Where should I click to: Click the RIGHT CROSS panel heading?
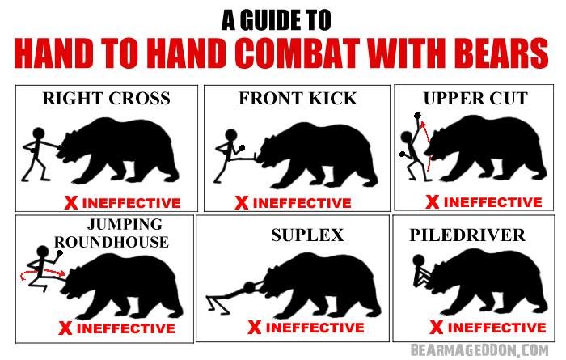pos(106,98)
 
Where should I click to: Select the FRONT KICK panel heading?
pos(298,98)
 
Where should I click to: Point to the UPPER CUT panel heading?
pos(475,98)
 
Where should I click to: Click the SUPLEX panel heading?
pos(307,235)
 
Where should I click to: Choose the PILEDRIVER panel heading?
pos(467,235)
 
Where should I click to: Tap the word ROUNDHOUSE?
pos(112,242)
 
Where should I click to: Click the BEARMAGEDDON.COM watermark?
pos(479,350)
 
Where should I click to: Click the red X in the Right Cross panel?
pos(71,202)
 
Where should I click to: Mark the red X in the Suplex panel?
pos(255,328)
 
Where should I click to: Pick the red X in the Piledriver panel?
pos(437,327)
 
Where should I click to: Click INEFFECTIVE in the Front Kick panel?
pos(302,202)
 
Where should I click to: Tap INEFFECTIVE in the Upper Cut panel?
pos(493,202)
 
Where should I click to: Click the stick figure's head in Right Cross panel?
pos(39,133)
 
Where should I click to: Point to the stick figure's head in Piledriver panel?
pos(419,260)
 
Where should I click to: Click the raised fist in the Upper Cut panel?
pos(418,116)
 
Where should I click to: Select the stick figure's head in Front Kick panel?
pos(231,135)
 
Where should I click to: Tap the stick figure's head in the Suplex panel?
pos(249,288)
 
